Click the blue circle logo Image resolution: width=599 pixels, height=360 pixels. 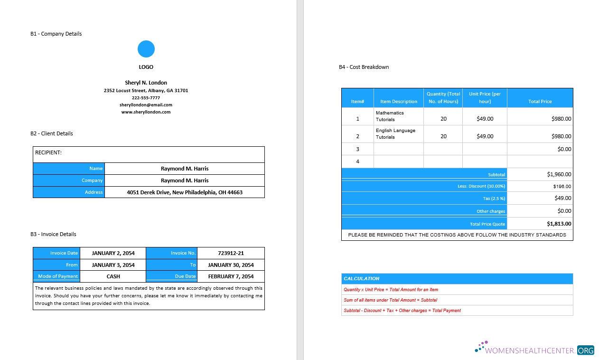click(x=146, y=49)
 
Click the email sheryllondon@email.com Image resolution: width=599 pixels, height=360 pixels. click(x=146, y=105)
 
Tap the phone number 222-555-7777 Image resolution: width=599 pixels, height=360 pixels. click(x=146, y=98)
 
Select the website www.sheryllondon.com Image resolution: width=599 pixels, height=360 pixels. click(x=146, y=112)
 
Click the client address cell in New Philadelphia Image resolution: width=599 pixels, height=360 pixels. click(x=185, y=192)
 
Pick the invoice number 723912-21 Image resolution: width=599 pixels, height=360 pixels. click(x=231, y=253)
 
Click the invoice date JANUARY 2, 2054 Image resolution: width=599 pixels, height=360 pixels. click(x=113, y=253)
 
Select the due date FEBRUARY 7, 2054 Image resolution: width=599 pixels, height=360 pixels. click(x=231, y=276)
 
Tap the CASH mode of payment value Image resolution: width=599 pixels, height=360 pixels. click(x=113, y=276)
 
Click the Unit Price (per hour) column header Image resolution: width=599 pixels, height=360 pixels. click(x=485, y=97)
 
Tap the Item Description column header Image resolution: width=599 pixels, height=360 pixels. click(x=399, y=102)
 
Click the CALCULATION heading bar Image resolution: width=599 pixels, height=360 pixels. click(x=457, y=279)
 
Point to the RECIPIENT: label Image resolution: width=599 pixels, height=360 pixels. click(x=48, y=153)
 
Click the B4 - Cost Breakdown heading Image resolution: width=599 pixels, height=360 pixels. click(x=364, y=67)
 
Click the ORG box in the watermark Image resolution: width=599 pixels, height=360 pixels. click(x=586, y=351)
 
